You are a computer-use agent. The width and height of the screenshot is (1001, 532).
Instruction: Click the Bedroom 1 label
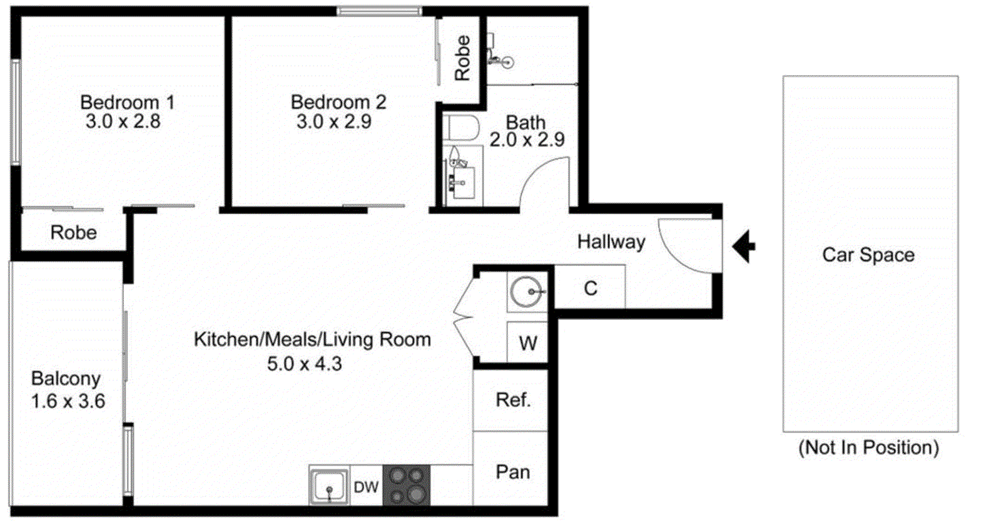pyautogui.click(x=127, y=102)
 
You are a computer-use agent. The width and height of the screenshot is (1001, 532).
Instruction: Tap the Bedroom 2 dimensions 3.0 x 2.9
pyautogui.click(x=333, y=121)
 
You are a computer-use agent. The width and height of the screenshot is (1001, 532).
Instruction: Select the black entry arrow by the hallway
pyautogui.click(x=743, y=246)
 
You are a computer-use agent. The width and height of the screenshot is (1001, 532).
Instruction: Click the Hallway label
pyautogui.click(x=611, y=242)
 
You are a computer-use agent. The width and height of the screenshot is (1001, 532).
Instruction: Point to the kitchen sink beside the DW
pyautogui.click(x=329, y=486)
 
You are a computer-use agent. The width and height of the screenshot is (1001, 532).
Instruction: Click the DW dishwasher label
pyautogui.click(x=366, y=487)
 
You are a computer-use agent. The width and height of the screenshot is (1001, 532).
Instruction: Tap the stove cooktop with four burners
pyautogui.click(x=406, y=486)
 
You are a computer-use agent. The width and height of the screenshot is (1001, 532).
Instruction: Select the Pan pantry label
pyautogui.click(x=512, y=472)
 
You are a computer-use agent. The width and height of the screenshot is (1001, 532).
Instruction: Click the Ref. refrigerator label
pyautogui.click(x=513, y=400)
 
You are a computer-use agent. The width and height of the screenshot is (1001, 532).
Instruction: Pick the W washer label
pyautogui.click(x=528, y=343)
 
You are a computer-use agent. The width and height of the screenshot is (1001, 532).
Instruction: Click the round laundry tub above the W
pyautogui.click(x=526, y=292)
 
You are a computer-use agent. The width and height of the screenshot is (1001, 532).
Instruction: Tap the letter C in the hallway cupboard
pyautogui.click(x=590, y=289)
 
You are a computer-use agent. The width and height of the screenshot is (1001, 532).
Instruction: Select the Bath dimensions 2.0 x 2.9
pyautogui.click(x=527, y=140)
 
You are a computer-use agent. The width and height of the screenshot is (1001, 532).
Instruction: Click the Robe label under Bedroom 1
pyautogui.click(x=73, y=233)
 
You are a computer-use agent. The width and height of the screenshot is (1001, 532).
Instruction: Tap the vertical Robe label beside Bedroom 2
pyautogui.click(x=462, y=58)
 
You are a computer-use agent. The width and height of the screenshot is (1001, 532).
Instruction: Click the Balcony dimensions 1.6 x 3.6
pyautogui.click(x=68, y=401)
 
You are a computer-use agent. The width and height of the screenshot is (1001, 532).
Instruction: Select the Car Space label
pyautogui.click(x=868, y=255)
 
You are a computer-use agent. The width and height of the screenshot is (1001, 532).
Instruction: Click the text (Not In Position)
pyautogui.click(x=868, y=448)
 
